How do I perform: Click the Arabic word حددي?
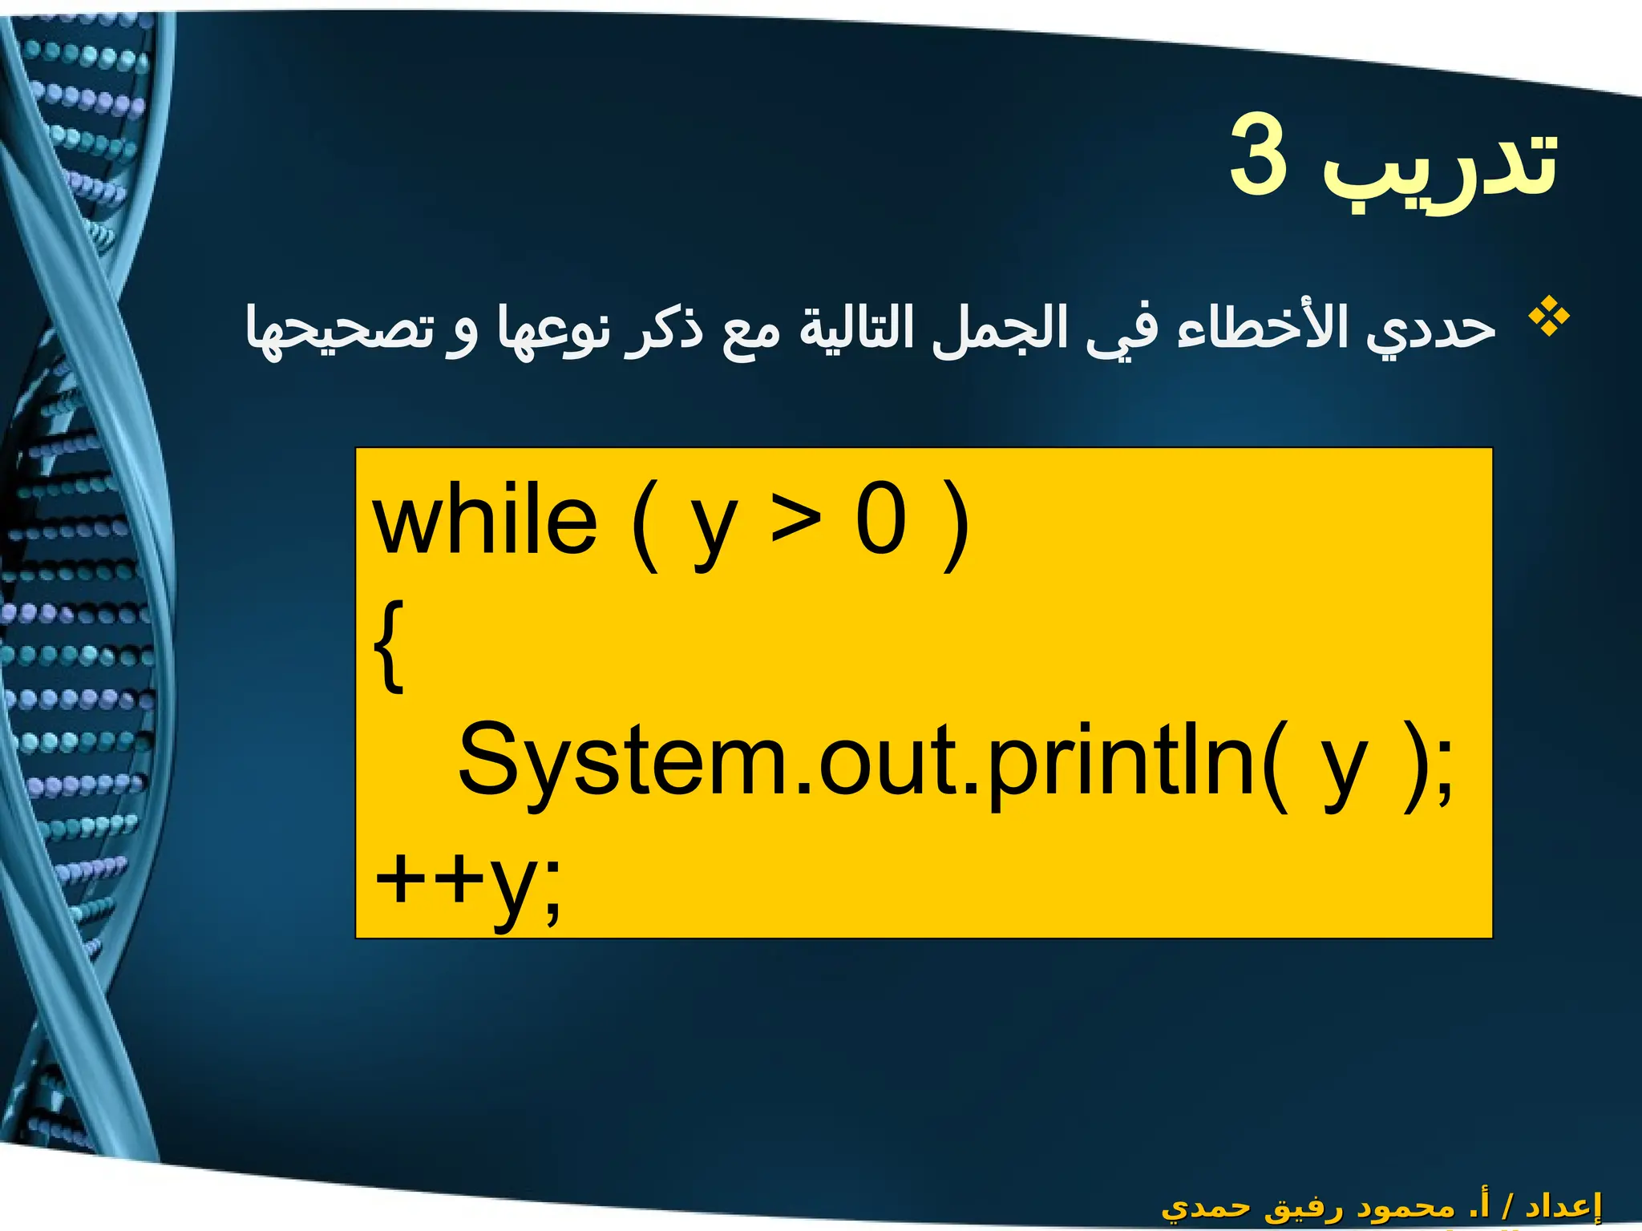(x=1432, y=329)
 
